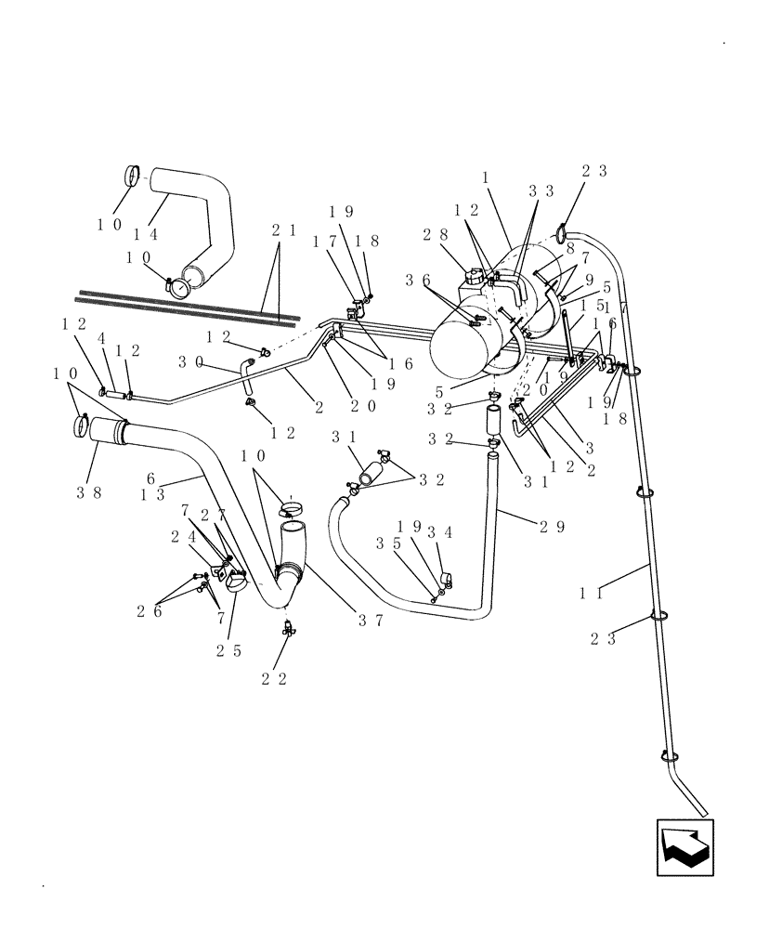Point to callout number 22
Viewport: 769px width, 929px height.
click(275, 679)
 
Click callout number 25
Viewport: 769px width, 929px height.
click(229, 650)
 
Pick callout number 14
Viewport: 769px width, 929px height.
click(146, 234)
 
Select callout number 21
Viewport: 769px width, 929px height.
click(284, 229)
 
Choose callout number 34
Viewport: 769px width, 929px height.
click(438, 532)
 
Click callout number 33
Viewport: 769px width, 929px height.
click(541, 190)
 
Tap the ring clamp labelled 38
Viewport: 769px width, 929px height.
click(82, 427)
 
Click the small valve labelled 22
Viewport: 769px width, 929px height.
click(289, 629)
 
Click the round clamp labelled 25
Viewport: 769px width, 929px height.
click(236, 584)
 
